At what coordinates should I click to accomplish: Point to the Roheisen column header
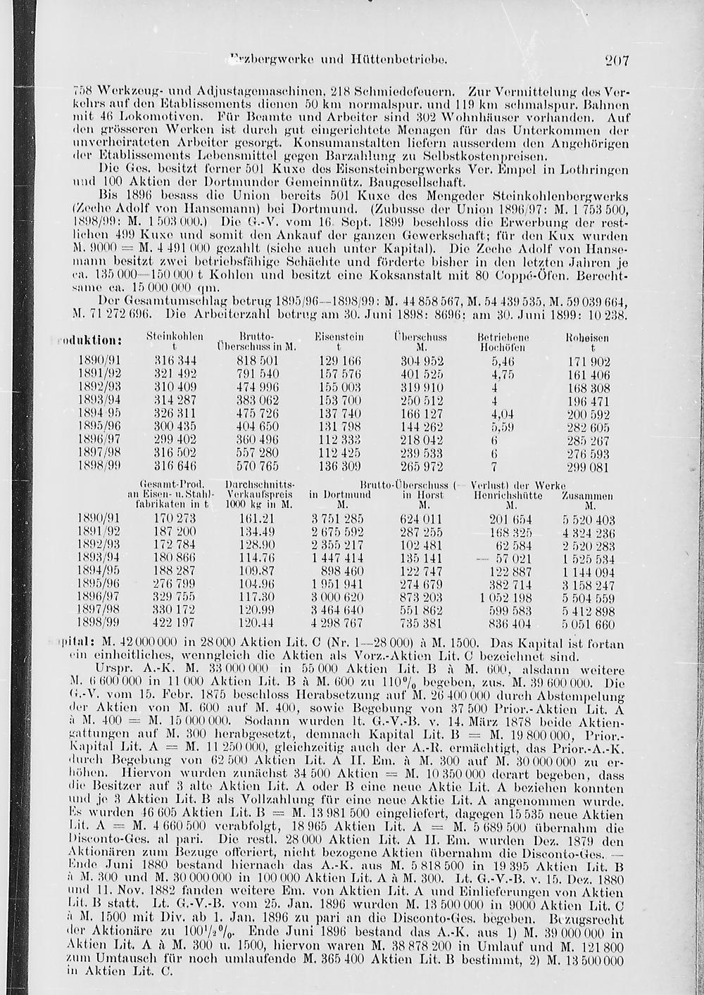click(586, 338)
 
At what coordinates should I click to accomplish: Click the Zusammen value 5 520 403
click(589, 519)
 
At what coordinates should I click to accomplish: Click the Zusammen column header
click(587, 495)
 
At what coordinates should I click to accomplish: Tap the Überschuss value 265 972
click(422, 467)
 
